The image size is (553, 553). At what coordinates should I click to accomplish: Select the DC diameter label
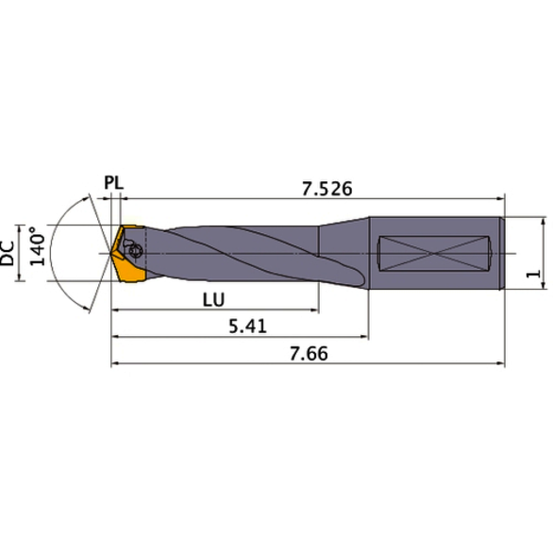(9, 253)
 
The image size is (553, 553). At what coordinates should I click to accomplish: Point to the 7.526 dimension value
(327, 190)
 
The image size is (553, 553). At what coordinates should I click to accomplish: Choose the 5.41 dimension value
(244, 325)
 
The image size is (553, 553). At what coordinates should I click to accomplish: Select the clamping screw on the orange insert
(134, 251)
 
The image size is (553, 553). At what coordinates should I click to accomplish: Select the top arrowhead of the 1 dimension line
(545, 221)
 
